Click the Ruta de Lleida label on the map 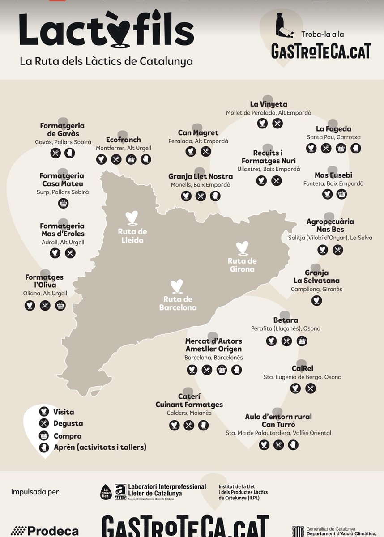pos(132,236)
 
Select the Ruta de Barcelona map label pos(178,303)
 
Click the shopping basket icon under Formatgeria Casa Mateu pos(63,203)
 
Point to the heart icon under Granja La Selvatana pos(316,300)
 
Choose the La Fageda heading pos(333,129)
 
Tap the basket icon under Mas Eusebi pos(341,194)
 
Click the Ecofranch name pos(124,140)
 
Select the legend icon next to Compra pos(43,436)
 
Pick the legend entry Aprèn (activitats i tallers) pos(100,447)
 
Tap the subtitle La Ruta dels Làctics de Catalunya pos(107,61)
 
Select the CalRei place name pos(302,368)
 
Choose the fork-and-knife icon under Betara pos(286,341)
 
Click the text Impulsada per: pos(36,492)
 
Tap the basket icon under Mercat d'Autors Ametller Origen pos(222,370)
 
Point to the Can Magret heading pos(198,133)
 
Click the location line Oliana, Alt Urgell pos(45,294)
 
